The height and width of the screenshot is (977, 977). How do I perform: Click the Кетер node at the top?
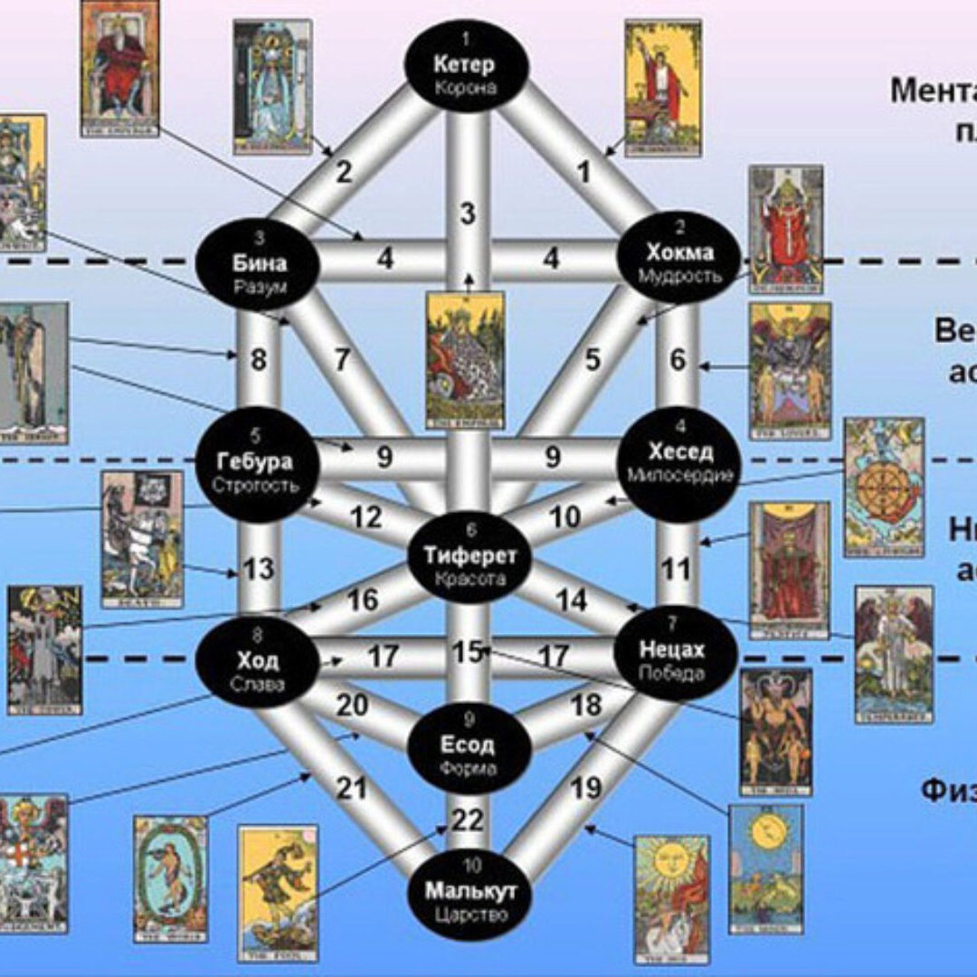pyautogui.click(x=463, y=65)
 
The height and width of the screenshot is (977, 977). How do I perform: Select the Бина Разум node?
pyautogui.click(x=258, y=263)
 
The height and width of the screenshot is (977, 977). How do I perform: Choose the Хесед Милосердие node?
pyautogui.click(x=679, y=462)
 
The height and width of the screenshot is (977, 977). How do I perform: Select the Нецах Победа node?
pyautogui.click(x=672, y=660)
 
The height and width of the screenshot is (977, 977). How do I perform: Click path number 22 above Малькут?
pyautogui.click(x=468, y=820)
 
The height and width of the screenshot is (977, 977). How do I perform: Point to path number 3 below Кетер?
pyautogui.click(x=468, y=214)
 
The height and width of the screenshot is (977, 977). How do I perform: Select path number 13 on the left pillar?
pyautogui.click(x=259, y=569)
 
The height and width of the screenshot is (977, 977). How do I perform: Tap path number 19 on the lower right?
pyautogui.click(x=585, y=787)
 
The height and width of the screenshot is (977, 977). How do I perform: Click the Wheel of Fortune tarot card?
pyautogui.click(x=884, y=487)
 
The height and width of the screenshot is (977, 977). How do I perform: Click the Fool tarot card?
pyautogui.click(x=278, y=892)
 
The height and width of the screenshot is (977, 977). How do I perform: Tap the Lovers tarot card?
pyautogui.click(x=790, y=370)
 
